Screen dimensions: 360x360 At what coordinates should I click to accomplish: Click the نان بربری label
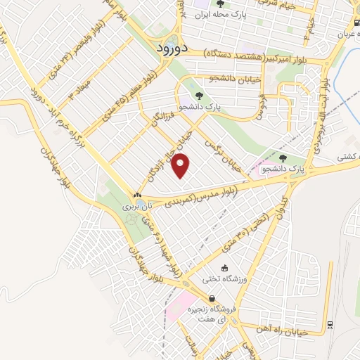pos(137,207)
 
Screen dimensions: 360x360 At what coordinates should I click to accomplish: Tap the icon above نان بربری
pos(137,196)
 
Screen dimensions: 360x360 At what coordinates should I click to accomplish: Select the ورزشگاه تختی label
pos(224,279)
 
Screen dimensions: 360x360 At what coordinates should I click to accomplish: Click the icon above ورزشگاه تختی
pos(224,268)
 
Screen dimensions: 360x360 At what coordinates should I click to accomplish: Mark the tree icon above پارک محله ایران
pos(221,4)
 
